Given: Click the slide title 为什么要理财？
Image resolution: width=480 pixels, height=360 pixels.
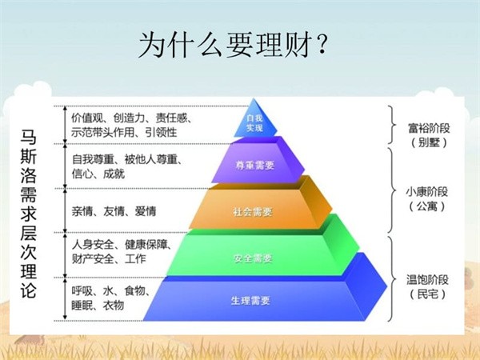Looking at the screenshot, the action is (234, 46).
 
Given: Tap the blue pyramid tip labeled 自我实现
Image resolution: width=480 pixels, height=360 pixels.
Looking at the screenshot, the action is (254, 121).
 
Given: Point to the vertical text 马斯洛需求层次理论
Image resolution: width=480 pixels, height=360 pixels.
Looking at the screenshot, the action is (29, 214).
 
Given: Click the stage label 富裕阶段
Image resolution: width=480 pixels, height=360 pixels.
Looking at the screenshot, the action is (429, 128).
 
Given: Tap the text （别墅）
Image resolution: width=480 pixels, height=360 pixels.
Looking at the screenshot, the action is (429, 142).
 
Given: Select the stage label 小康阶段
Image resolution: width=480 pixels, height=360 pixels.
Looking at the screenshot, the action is (426, 192).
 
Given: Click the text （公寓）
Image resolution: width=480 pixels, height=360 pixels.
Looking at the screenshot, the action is (426, 206).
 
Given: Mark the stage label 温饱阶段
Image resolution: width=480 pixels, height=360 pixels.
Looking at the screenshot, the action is (427, 279).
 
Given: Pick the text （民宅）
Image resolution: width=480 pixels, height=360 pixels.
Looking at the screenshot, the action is (427, 294).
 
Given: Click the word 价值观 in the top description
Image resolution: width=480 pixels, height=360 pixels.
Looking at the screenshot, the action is (87, 118).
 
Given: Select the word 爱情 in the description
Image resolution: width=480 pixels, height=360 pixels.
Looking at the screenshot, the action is (146, 211).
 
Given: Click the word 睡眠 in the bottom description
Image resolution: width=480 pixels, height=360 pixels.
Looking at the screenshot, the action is (82, 306).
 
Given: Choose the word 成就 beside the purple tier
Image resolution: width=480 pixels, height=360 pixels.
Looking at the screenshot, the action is (114, 174).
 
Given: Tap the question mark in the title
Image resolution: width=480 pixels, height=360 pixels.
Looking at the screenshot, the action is (322, 46).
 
